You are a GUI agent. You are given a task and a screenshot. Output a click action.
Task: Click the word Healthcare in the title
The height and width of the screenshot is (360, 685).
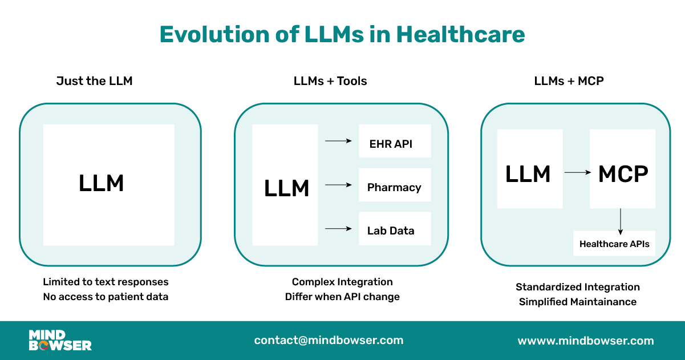coord(460,35)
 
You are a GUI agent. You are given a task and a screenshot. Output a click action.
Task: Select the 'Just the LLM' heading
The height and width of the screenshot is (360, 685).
coord(94,81)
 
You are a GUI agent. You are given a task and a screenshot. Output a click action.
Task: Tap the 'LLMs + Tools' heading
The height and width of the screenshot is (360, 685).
coord(330,81)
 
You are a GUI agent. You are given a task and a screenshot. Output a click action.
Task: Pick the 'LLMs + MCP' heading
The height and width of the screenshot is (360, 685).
coord(569,81)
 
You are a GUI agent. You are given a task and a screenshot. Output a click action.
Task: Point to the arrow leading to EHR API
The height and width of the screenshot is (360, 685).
coord(338,141)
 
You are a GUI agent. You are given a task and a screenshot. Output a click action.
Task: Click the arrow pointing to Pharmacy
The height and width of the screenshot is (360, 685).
coord(338,185)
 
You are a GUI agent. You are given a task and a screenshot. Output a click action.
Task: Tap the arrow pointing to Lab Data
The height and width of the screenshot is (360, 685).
coord(338,229)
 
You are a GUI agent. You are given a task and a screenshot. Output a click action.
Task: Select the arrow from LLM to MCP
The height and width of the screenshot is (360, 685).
coord(577,172)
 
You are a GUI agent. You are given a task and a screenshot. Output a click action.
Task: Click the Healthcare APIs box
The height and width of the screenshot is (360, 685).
coord(614,244)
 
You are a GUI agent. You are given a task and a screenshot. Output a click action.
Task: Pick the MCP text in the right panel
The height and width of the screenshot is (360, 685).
coord(623,174)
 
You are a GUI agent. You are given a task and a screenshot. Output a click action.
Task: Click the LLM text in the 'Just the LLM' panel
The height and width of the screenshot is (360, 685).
coord(102,184)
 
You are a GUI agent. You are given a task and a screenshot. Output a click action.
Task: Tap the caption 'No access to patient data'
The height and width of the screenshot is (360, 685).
coord(106,297)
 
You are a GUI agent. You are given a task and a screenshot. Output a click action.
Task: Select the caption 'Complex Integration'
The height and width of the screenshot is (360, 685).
coord(342,282)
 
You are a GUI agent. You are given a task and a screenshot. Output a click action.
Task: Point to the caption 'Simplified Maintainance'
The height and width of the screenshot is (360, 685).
coord(578,302)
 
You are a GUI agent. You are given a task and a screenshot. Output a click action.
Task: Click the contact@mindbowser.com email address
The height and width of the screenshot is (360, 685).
coord(329,341)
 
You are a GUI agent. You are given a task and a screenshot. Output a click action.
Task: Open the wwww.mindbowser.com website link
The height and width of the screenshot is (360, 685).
coord(586,341)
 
